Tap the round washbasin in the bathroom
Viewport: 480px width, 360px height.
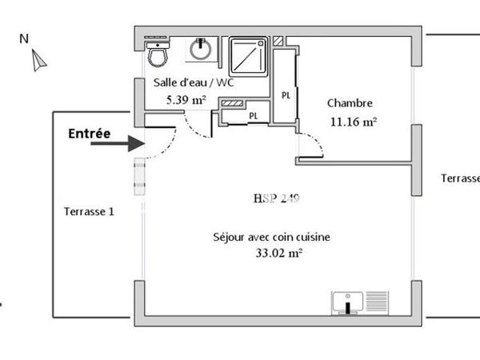pos(200,50)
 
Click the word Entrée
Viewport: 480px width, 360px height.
pos(89,134)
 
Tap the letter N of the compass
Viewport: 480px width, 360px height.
pos(24,38)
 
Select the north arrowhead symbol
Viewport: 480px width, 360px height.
pos(38,60)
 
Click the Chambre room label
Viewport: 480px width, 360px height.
pos(350,103)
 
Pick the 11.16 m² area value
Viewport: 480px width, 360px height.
pos(353,122)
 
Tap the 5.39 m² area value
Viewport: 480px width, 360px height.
pos(186,100)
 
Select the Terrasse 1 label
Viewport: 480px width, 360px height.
pos(89,211)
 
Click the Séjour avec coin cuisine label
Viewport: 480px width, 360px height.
pos(272,237)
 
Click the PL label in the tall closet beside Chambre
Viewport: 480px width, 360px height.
pos(286,95)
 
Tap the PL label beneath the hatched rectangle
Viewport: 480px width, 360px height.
pos(254,116)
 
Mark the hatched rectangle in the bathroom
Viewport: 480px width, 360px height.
pos(232,104)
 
